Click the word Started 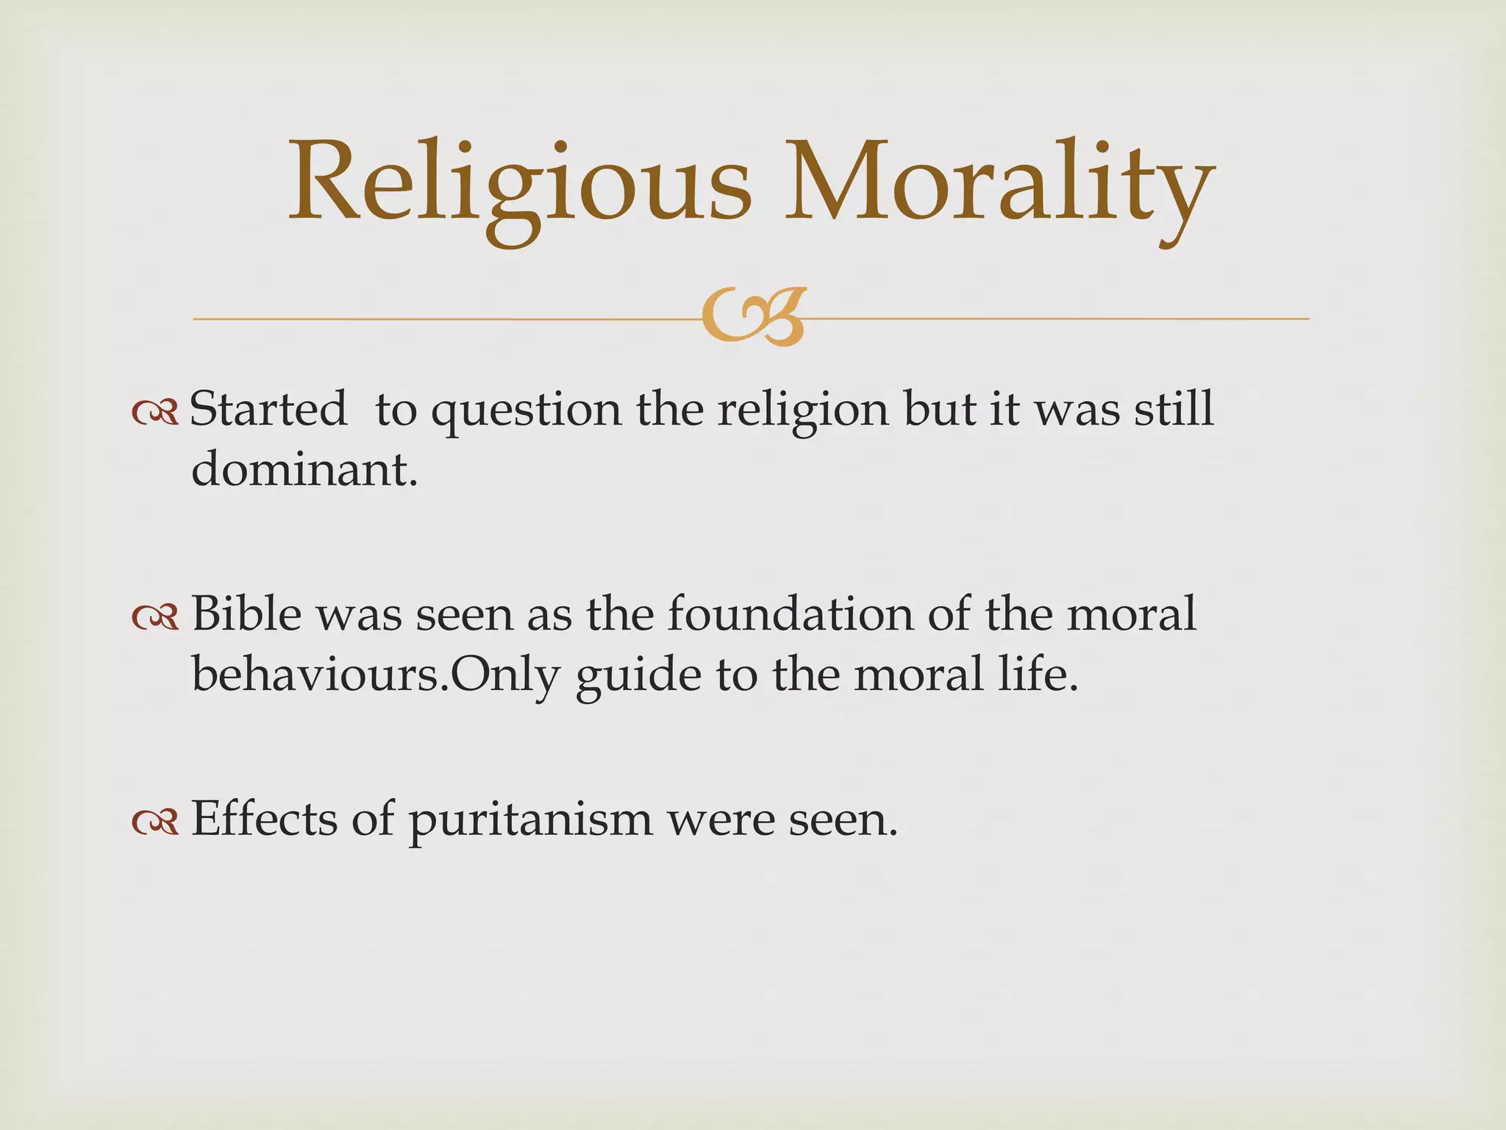pos(268,409)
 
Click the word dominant pos(304,469)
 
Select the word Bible pos(246,614)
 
